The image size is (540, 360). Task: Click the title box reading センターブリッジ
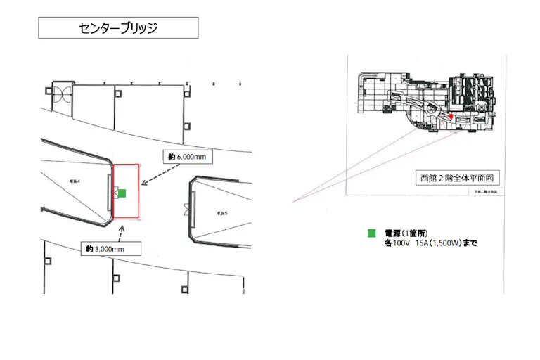pyautogui.click(x=117, y=28)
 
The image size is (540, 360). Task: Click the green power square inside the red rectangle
pyautogui.click(x=122, y=193)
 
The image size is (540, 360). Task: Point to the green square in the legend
pyautogui.click(x=371, y=233)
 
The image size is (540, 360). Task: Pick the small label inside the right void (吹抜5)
pyautogui.click(x=223, y=212)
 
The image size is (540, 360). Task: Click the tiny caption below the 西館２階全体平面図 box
pyautogui.click(x=485, y=191)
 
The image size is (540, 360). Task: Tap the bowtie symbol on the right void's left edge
pyautogui.click(x=187, y=209)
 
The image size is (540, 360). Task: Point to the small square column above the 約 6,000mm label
pyautogui.click(x=186, y=127)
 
